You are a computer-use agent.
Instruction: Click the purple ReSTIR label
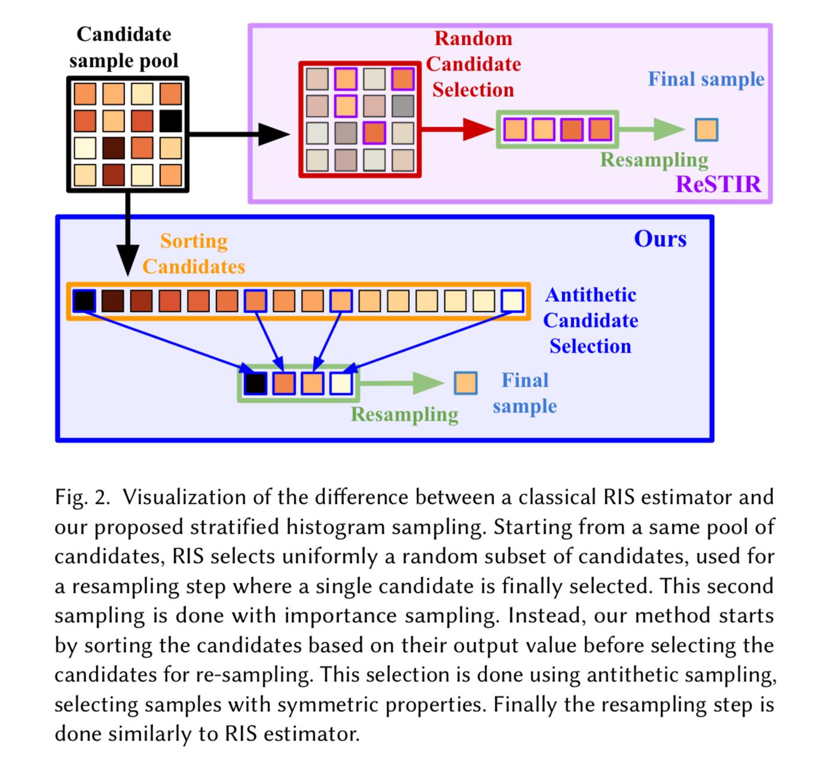click(718, 184)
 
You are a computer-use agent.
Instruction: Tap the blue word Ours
click(660, 239)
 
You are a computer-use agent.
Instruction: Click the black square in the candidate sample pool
click(171, 121)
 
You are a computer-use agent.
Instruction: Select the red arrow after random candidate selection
click(458, 130)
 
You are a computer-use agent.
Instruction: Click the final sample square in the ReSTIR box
click(706, 130)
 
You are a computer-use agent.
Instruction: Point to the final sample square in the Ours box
click(465, 383)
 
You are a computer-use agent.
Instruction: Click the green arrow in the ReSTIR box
click(651, 130)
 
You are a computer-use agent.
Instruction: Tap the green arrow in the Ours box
click(402, 383)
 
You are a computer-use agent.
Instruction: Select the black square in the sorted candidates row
click(84, 301)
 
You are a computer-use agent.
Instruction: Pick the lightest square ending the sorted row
click(513, 301)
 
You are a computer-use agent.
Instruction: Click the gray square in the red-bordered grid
click(403, 106)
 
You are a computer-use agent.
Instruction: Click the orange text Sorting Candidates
click(194, 253)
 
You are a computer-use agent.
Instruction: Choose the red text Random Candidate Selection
click(473, 64)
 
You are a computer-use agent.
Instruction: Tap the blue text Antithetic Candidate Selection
click(590, 320)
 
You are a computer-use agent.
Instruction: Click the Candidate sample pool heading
click(124, 47)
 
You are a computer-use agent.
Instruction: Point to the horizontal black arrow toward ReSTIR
click(239, 134)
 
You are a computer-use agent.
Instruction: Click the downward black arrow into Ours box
click(128, 234)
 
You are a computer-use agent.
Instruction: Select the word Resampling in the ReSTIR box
click(654, 160)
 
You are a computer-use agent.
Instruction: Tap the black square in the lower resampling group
click(255, 383)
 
